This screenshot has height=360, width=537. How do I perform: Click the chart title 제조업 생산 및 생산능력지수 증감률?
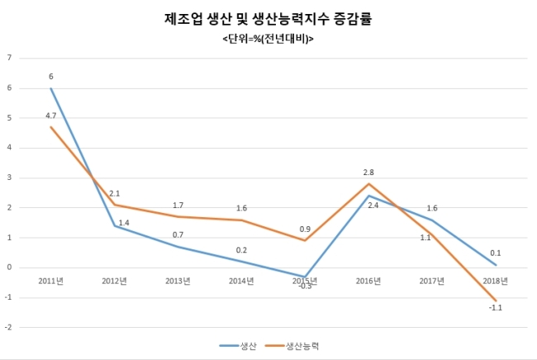(x=268, y=19)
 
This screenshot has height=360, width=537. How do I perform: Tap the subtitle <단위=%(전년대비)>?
(x=268, y=39)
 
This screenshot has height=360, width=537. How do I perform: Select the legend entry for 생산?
(x=238, y=346)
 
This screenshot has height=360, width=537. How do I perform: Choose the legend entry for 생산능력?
(x=292, y=346)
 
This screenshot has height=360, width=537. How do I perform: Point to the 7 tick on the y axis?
(x=9, y=58)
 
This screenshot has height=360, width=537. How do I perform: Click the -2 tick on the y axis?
(x=8, y=327)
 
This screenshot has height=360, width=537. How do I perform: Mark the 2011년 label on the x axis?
(x=50, y=281)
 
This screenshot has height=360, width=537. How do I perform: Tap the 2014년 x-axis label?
(x=241, y=281)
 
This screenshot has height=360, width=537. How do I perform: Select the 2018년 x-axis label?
(x=495, y=281)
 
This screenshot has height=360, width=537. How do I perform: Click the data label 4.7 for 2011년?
(x=50, y=116)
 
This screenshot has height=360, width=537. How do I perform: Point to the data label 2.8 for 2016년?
(x=368, y=173)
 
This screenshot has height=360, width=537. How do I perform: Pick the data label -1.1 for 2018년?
(x=495, y=308)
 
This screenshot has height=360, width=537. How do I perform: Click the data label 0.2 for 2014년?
(x=241, y=250)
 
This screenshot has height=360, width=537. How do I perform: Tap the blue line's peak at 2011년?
(x=50, y=88)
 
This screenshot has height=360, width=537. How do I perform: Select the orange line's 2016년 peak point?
(x=368, y=184)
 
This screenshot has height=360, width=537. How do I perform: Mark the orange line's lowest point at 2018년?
(x=495, y=301)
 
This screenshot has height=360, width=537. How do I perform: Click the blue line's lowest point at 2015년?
(x=305, y=277)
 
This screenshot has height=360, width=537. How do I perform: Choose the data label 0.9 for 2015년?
(x=305, y=230)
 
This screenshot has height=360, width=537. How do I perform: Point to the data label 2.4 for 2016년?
(x=373, y=206)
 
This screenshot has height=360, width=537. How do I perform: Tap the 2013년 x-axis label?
(x=178, y=281)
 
